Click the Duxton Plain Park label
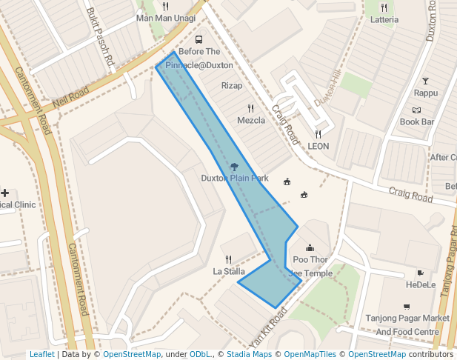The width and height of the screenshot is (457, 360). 235,179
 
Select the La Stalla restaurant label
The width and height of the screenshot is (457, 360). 229,271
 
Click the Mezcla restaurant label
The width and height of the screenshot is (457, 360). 251,121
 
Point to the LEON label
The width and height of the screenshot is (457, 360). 318,146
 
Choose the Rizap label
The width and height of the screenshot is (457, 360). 232,86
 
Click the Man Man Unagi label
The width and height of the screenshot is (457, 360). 166,18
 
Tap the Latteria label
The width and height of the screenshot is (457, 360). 384,19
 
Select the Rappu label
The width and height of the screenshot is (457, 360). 425,93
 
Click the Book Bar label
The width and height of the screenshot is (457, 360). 416,121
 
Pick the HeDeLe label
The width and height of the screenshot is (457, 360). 421,284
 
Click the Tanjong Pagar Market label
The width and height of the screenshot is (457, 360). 407,319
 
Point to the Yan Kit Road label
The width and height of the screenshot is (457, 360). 268,324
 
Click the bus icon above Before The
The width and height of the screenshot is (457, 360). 199,39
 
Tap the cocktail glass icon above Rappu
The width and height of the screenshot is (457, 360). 425,81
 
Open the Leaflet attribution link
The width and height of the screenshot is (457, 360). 41,354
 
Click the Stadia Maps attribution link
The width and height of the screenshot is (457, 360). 252,354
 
